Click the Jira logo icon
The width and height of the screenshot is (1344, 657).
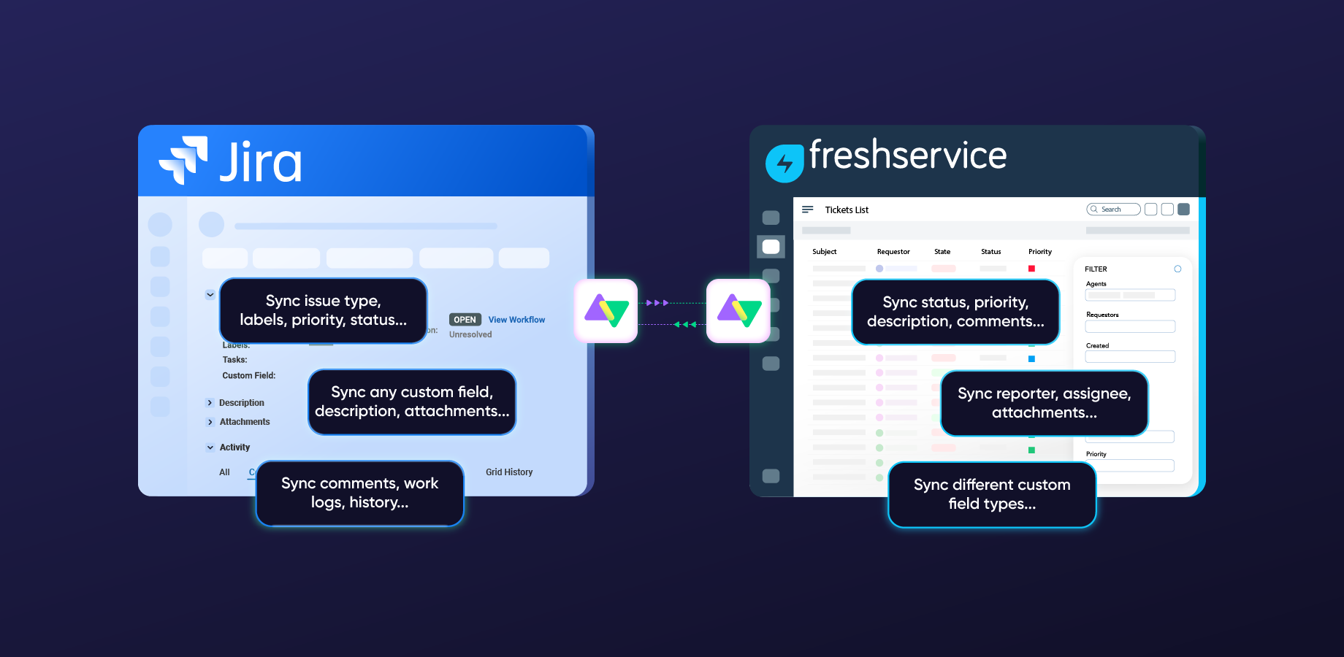pos(183,160)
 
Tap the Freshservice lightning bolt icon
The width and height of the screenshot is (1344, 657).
pos(784,163)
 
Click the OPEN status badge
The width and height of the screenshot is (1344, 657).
pos(465,320)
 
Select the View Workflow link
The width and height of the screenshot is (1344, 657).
pos(516,320)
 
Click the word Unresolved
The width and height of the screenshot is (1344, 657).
pos(470,334)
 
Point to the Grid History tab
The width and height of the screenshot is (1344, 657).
pos(509,472)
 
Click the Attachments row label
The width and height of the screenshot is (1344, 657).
pos(245,422)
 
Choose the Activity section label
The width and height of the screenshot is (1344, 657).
pos(234,447)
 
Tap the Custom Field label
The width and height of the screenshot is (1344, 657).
pos(249,376)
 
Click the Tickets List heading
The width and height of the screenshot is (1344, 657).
pos(847,210)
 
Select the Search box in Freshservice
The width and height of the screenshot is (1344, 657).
pos(1113,210)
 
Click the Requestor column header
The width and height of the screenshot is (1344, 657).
pos(893,252)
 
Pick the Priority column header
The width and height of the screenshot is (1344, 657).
pos(1040,252)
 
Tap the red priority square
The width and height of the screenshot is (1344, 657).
pos(1031,269)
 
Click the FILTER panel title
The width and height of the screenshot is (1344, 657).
pos(1096,269)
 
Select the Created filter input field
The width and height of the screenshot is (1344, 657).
pos(1130,357)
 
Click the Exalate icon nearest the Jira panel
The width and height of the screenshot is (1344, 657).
pos(606,311)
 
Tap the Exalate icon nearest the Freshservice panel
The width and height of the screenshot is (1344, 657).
pos(738,311)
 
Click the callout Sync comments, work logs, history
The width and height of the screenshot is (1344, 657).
pos(360,493)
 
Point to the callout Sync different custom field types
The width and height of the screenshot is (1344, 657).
pos(992,494)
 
